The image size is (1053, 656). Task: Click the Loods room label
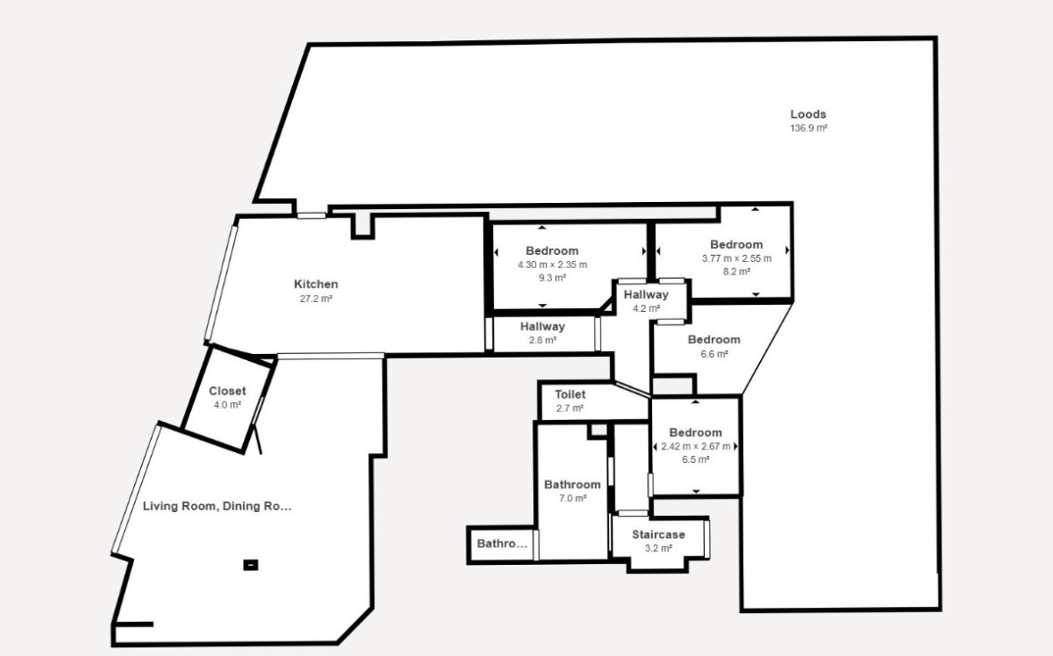click(x=808, y=114)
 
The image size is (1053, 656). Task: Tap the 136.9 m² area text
click(x=808, y=129)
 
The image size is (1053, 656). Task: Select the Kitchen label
click(x=315, y=284)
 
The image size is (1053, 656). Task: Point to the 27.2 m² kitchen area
click(x=315, y=299)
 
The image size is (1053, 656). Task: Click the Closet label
click(x=227, y=391)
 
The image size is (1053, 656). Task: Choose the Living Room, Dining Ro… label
click(x=217, y=506)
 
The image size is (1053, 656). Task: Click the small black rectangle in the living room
click(x=250, y=565)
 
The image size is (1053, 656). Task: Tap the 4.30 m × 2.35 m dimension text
click(x=552, y=265)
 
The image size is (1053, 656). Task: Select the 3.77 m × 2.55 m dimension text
click(x=737, y=258)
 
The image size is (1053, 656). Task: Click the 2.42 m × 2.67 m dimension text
click(x=696, y=446)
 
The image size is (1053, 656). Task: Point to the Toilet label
click(x=570, y=394)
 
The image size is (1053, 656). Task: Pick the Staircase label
click(x=658, y=534)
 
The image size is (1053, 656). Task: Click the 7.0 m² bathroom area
click(x=572, y=499)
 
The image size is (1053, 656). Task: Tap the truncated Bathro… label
click(x=502, y=543)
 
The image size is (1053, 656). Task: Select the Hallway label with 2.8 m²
click(x=542, y=326)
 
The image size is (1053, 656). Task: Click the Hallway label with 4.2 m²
click(x=646, y=294)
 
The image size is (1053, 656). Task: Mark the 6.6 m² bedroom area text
click(x=714, y=354)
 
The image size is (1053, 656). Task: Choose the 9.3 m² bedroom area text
click(x=552, y=278)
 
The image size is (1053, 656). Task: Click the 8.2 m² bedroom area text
click(x=737, y=272)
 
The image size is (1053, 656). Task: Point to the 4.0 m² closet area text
click(x=227, y=405)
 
